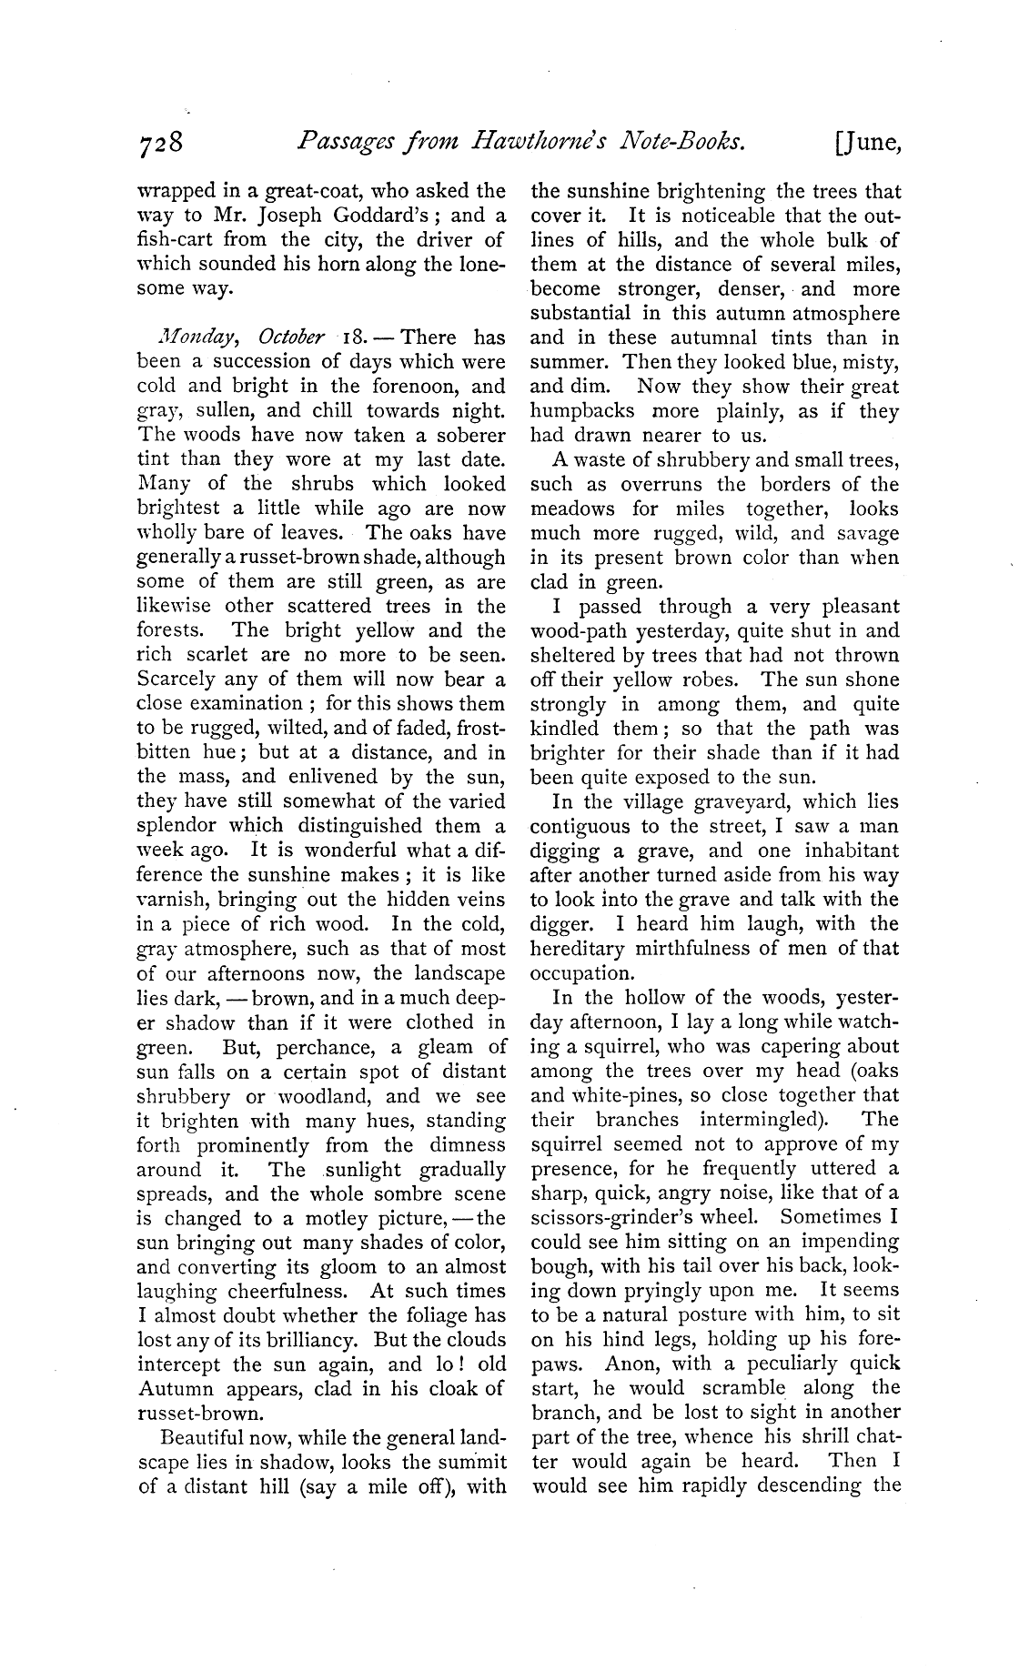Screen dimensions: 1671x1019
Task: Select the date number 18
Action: point(351,337)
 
